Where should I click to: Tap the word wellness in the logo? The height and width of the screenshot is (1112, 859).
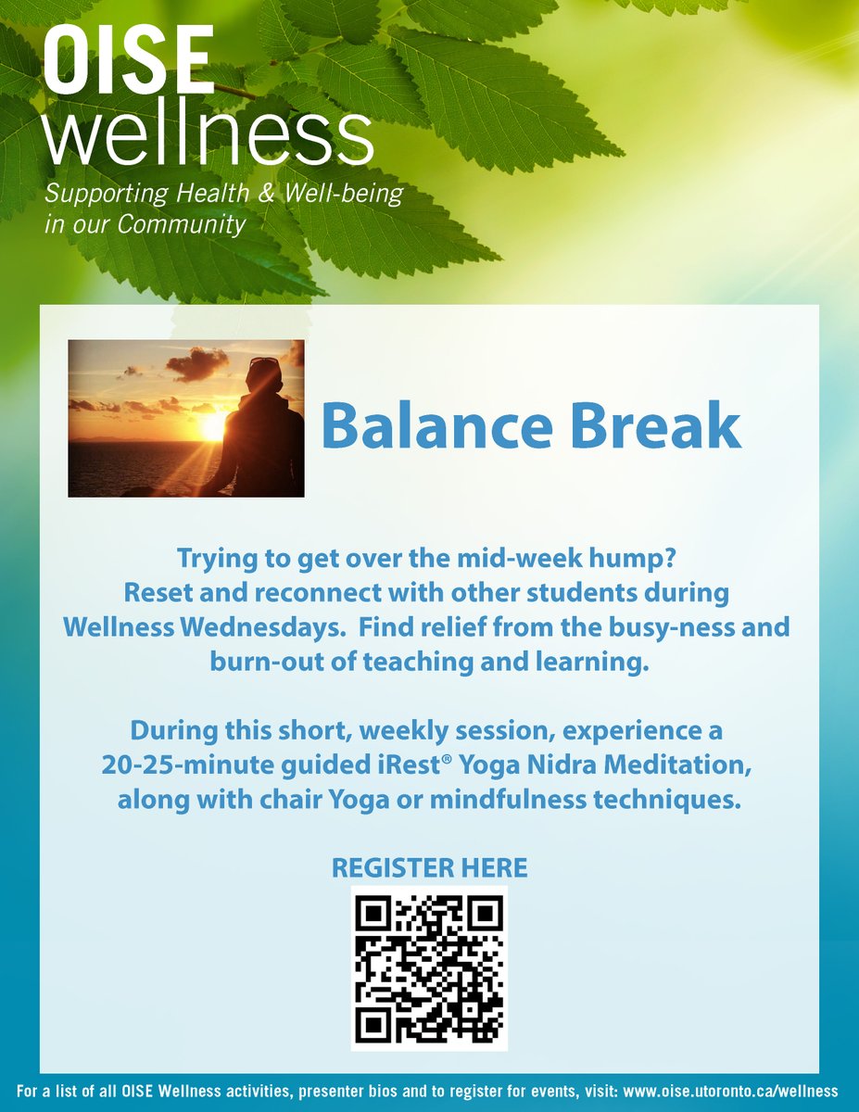pos(208,137)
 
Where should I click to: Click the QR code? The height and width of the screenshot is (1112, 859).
pos(429,967)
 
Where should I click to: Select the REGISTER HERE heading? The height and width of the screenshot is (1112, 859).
pos(429,868)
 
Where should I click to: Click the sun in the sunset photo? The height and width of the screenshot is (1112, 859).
pos(213,426)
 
